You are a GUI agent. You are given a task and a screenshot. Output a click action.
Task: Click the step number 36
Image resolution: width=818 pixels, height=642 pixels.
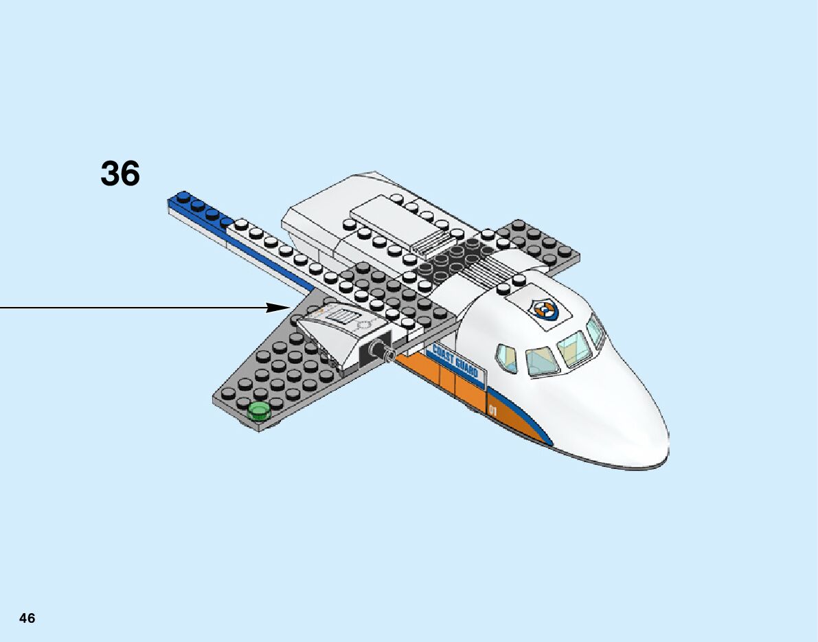pos(120,174)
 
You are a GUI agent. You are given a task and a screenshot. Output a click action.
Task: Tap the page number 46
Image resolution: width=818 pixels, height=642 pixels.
pos(27,618)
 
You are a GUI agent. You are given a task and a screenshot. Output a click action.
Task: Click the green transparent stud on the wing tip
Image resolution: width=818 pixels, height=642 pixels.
pos(259,411)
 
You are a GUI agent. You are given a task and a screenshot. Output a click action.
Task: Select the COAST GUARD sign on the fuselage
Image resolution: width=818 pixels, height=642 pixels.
pos(455,365)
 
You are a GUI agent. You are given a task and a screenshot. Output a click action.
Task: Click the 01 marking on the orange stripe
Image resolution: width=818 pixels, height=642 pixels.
pos(493,411)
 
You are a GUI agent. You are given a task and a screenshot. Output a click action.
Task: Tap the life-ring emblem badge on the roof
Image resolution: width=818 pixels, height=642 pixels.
pos(547,310)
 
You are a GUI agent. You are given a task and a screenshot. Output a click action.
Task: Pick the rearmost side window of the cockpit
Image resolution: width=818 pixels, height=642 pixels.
pos(506,358)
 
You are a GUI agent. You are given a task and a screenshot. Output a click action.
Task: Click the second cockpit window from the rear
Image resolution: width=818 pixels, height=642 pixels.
pos(541,360)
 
